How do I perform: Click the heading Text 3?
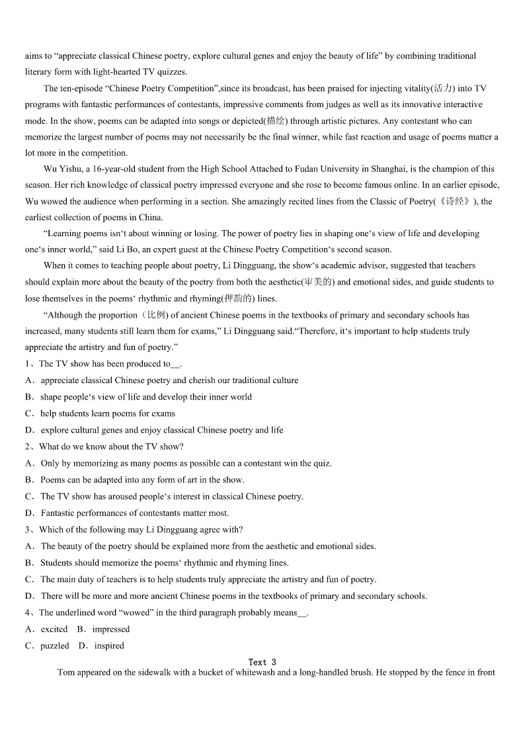click(262, 662)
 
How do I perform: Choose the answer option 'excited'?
click(54, 629)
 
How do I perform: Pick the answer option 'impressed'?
click(111, 629)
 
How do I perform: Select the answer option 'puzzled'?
click(54, 646)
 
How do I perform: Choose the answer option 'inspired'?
click(109, 646)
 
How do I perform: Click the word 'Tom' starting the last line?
click(66, 673)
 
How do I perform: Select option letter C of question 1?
click(29, 414)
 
